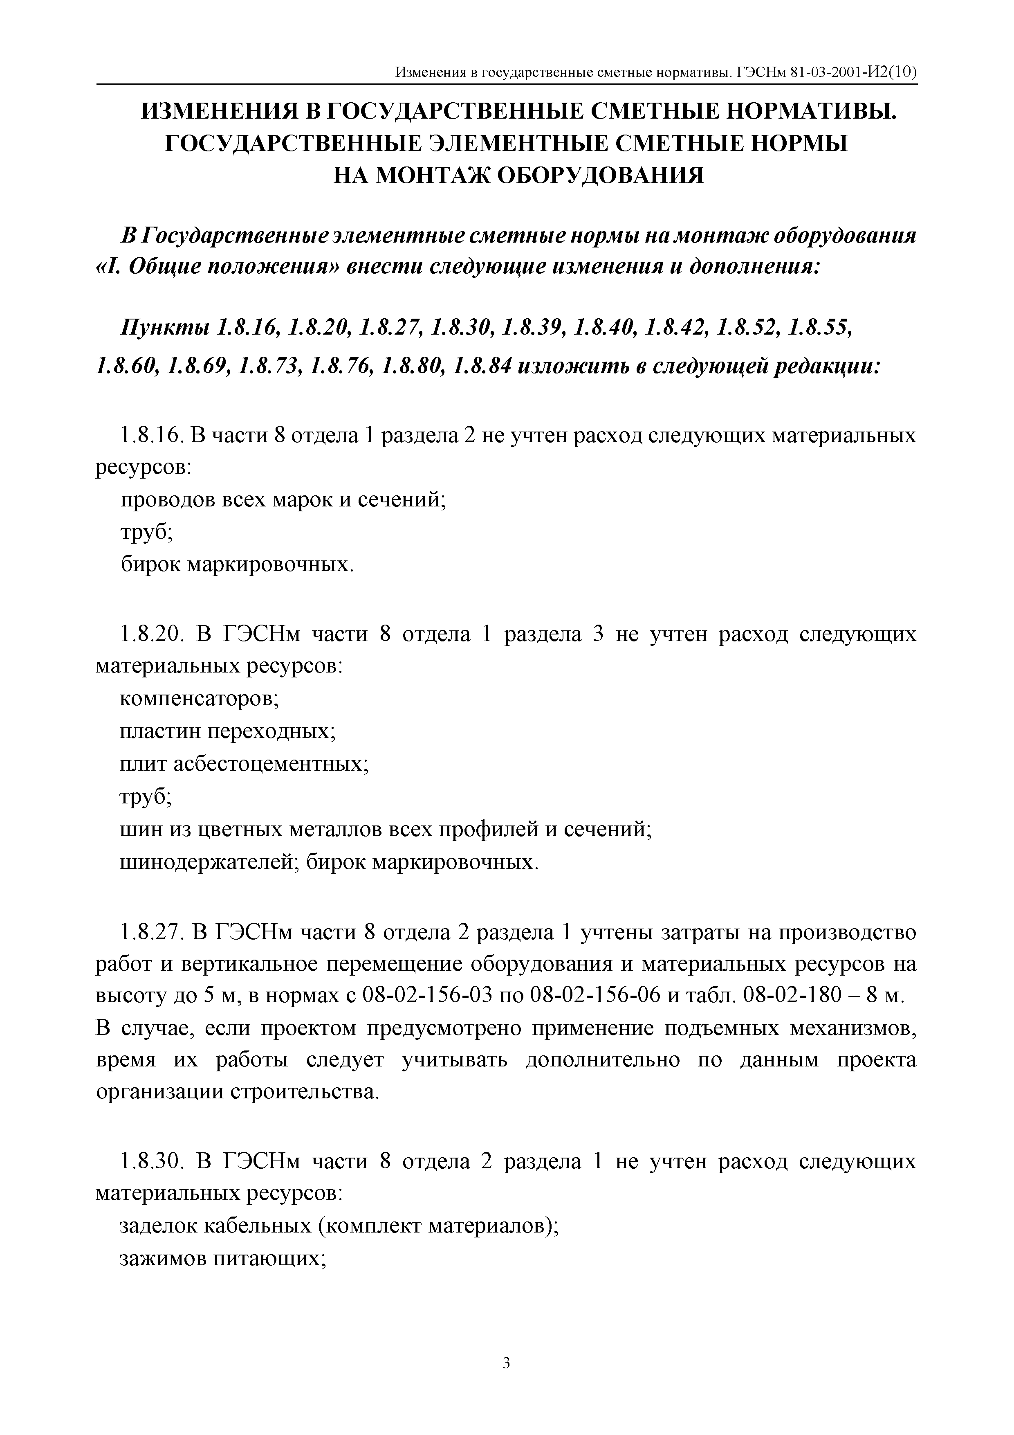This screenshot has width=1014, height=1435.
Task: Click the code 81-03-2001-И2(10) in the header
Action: (x=852, y=73)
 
